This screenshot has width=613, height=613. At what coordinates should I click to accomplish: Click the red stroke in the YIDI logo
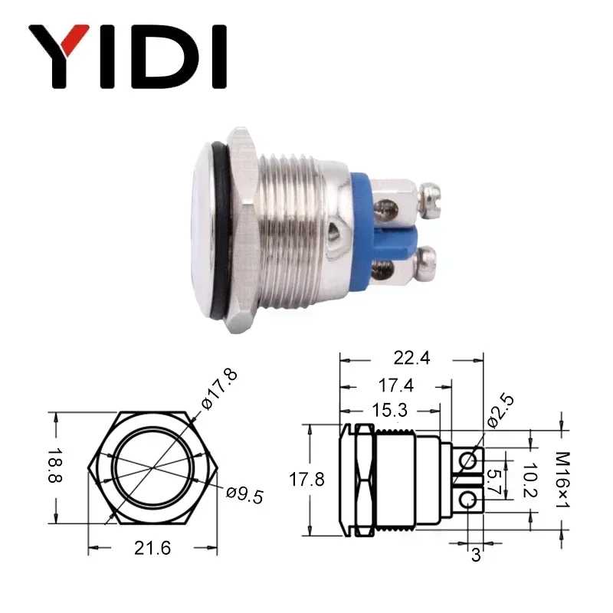tap(74, 39)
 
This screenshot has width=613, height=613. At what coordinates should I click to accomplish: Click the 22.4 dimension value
tap(411, 358)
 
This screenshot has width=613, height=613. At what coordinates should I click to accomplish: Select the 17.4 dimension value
tap(395, 386)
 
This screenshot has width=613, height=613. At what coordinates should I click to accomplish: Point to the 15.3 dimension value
tap(389, 410)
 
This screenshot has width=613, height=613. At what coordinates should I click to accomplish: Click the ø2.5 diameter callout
tap(500, 411)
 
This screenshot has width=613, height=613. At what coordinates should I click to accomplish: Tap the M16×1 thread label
tap(562, 480)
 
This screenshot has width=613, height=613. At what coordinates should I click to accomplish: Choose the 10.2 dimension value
tap(530, 480)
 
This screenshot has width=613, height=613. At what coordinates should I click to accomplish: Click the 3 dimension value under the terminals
tap(476, 554)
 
